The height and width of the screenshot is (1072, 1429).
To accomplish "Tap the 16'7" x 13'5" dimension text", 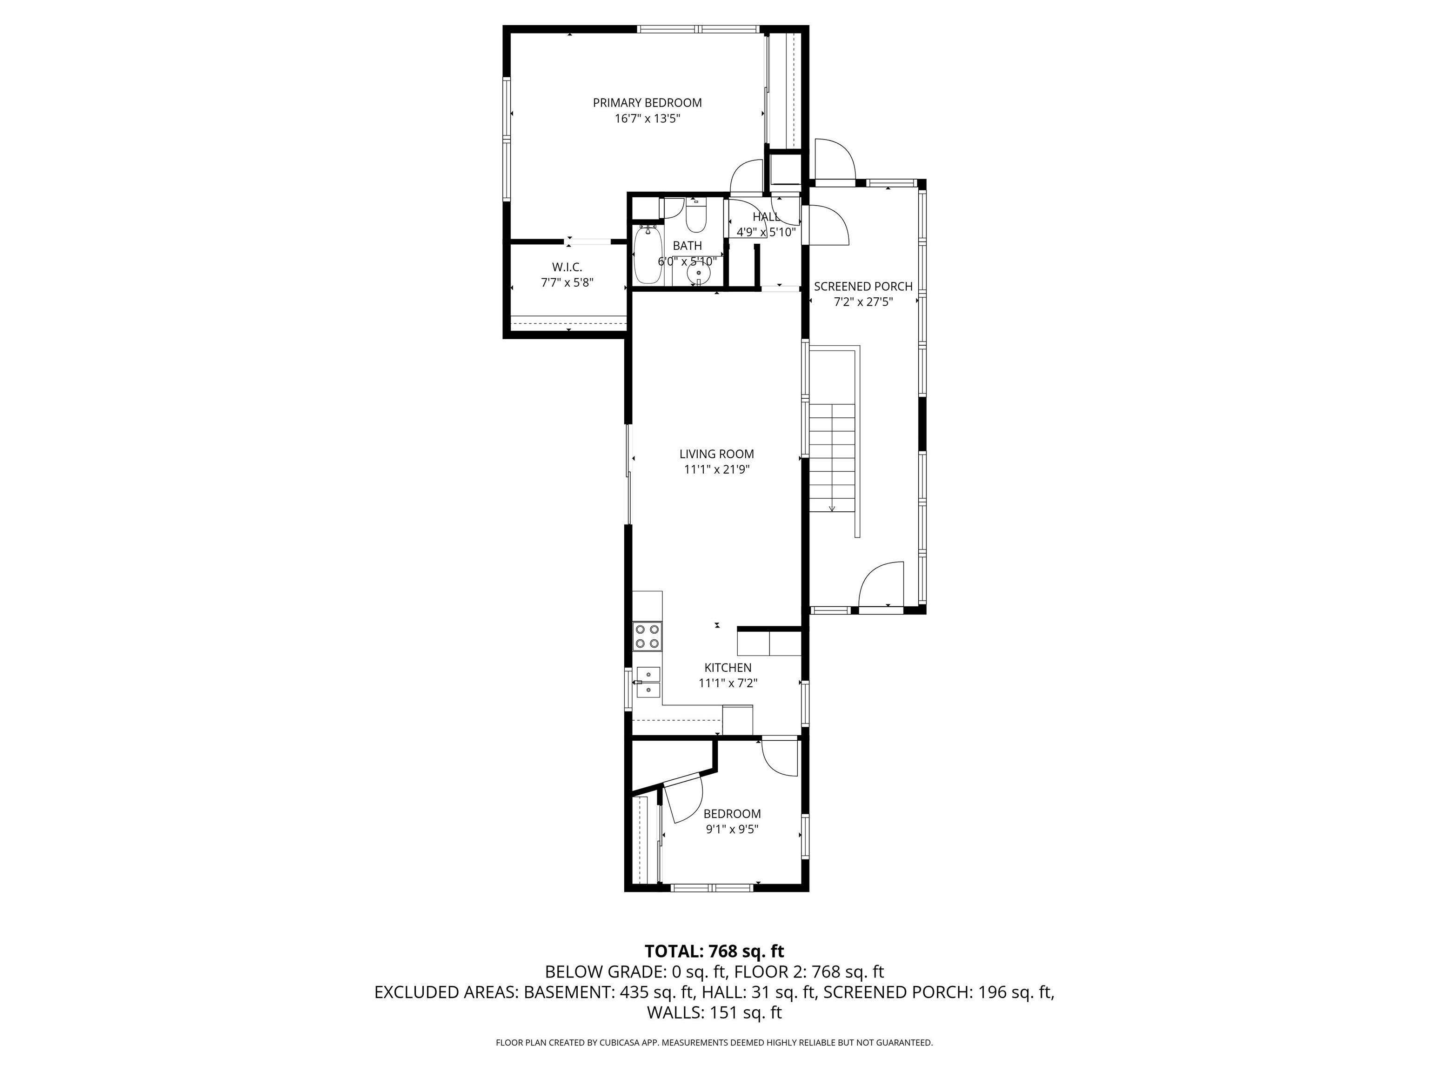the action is coord(648,119).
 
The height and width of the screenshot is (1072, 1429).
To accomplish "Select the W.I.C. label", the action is coord(567,267).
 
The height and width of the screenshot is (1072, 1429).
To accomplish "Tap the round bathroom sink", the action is coord(698,275).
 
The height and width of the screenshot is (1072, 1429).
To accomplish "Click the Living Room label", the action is coord(716,454).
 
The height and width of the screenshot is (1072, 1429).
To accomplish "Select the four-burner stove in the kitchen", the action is coord(648,636).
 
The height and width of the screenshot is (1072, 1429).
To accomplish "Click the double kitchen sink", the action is coord(648,683).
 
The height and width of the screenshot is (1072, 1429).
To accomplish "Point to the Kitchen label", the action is coord(728,668).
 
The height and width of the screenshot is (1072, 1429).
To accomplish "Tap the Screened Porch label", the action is coord(863,286).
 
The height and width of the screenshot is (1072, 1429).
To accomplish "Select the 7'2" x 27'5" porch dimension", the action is coord(863,302).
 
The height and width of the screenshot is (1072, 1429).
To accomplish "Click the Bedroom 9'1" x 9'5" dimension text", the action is coord(731,830).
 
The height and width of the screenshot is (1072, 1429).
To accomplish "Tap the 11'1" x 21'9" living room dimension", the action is coord(716,470).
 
